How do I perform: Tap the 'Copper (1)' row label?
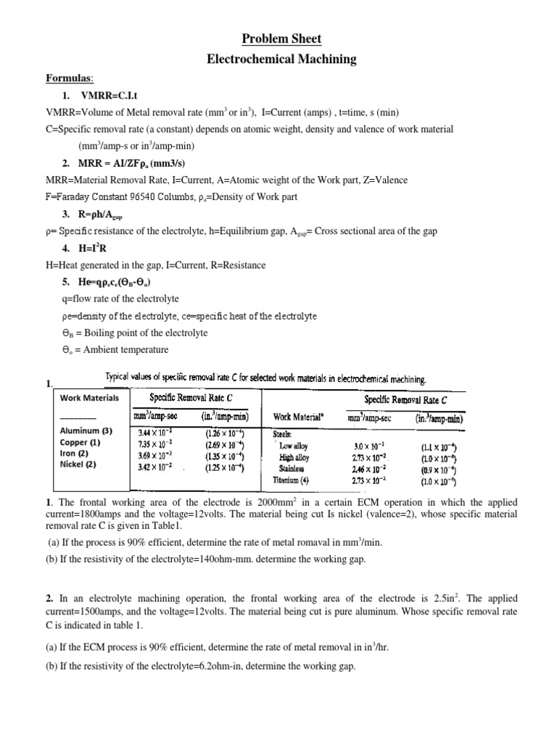point(80,441)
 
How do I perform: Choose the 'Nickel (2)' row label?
point(80,464)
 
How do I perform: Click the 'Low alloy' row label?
point(294,446)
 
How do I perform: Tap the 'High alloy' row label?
point(294,457)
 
